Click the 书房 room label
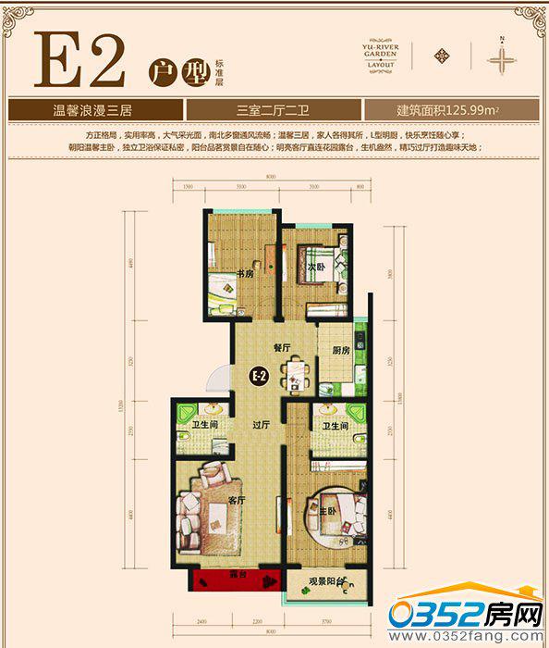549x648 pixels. pos(244,273)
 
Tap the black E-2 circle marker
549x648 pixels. pos(260,376)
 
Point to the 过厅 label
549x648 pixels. pos(262,426)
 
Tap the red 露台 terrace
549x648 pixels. pos(235,580)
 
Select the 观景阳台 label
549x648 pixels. pos(327,582)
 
